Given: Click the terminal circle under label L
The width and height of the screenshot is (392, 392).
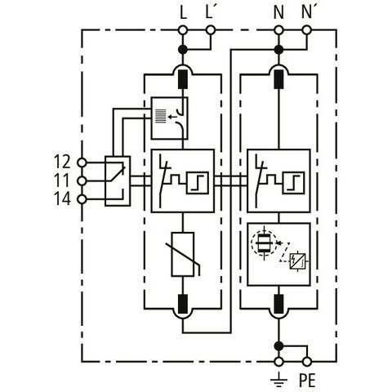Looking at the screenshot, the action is point(183,30).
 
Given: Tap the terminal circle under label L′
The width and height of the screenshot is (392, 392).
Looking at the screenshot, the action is point(211,30).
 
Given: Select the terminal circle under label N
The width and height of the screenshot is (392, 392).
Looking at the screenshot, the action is point(278,30).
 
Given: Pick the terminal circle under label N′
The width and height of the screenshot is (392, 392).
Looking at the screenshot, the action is point(307,30).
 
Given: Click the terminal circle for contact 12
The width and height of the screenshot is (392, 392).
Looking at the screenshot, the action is point(82,163).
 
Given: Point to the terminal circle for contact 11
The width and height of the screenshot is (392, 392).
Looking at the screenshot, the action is point(82,180).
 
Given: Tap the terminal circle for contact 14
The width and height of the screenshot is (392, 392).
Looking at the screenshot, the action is point(82,199).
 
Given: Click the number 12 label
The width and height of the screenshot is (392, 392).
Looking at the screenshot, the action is point(62,162).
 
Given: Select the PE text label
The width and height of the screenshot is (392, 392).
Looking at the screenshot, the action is point(307,380).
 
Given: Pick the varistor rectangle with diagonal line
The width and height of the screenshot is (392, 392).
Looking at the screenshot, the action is point(183,254).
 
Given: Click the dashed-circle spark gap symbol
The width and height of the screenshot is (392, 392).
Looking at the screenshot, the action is point(264,243).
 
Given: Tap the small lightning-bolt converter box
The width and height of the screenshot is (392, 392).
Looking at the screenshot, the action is point(297,261).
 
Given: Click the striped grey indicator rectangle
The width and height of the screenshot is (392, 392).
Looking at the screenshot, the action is point(160,117).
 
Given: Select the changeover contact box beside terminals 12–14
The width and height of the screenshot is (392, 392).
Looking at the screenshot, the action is point(118,181).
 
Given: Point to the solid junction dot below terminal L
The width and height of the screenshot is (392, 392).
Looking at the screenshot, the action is point(183,50).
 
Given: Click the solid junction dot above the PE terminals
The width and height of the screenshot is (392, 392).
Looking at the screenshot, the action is point(278,346).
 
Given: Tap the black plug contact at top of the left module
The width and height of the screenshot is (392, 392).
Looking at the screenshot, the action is point(183,79).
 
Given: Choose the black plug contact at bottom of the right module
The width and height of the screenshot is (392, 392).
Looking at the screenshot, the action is point(278,304).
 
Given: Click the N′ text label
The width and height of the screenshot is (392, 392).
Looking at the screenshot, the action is point(307,12).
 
